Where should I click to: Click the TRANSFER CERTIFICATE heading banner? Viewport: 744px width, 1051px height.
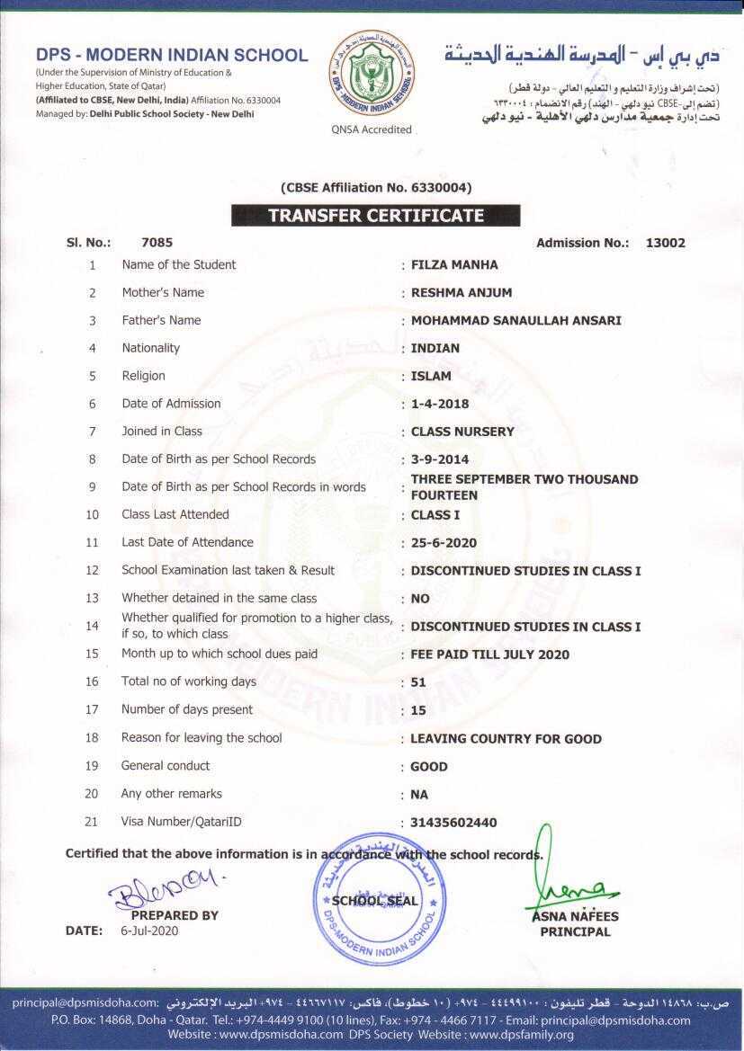[x=375, y=216]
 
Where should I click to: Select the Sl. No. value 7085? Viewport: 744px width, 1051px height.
[x=157, y=243]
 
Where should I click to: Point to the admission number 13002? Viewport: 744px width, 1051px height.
[x=666, y=243]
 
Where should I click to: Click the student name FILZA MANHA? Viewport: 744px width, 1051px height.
[x=454, y=265]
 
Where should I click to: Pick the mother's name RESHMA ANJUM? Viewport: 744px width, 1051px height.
[x=462, y=293]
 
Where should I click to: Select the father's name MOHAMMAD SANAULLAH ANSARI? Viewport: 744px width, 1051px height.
[x=515, y=321]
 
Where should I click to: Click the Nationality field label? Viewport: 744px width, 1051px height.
[x=150, y=348]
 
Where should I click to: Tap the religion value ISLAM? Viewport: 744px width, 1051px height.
[x=431, y=377]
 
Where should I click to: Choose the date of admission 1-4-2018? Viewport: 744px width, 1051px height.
[x=440, y=405]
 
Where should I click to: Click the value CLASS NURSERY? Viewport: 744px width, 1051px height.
[x=462, y=432]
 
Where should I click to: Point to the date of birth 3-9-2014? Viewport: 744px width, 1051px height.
[x=440, y=460]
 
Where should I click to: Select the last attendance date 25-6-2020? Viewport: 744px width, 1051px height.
[x=444, y=543]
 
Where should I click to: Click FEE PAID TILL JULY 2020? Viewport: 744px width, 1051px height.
[x=490, y=655]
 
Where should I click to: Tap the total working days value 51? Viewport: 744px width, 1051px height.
[x=418, y=682]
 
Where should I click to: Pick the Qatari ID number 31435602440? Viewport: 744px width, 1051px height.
[x=453, y=823]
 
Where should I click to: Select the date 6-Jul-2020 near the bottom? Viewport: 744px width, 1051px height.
[x=149, y=931]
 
